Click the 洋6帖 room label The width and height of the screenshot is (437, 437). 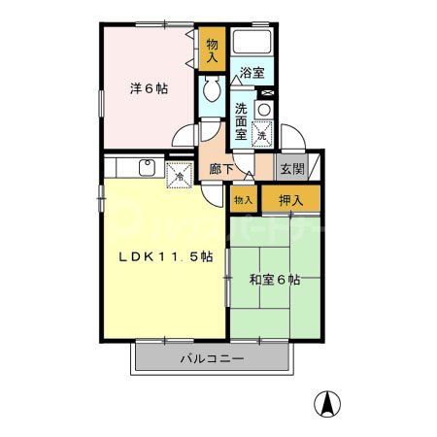(150, 88)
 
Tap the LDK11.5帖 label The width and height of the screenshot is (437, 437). (166, 257)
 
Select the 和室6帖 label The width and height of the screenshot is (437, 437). (274, 281)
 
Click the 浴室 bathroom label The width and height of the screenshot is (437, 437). (252, 72)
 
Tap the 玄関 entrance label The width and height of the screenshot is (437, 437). (292, 168)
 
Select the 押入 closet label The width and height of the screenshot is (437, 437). (290, 200)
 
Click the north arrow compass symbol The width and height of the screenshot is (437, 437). (330, 401)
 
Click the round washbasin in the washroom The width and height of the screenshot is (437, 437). (263, 111)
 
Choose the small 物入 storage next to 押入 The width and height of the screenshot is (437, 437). (242, 199)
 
